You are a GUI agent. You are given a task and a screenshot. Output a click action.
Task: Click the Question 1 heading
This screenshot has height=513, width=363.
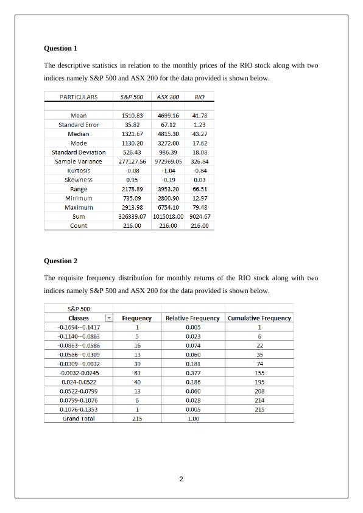[x=61, y=48]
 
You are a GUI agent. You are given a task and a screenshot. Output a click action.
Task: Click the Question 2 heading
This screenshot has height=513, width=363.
[x=61, y=261]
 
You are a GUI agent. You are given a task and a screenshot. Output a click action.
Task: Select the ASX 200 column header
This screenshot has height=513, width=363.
[x=168, y=97]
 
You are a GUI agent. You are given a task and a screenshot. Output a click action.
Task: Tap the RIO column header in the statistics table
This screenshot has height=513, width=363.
[x=199, y=97]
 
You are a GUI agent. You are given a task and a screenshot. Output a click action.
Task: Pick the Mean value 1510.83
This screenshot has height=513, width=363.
[x=132, y=115]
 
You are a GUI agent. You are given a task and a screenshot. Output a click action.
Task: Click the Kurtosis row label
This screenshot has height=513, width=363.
[x=79, y=171]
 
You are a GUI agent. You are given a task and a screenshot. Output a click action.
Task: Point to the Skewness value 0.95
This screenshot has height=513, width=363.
[x=132, y=180]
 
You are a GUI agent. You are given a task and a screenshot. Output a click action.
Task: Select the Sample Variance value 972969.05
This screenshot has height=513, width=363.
[x=168, y=161]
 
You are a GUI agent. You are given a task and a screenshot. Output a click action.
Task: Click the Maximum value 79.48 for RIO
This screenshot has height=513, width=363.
[x=199, y=207]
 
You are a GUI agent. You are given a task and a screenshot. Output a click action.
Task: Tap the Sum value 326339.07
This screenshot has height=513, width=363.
[x=132, y=216]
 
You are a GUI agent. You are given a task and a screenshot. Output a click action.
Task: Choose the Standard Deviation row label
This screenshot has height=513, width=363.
[x=79, y=152]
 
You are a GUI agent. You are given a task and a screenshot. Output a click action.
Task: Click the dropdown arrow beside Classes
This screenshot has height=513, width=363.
[x=109, y=318]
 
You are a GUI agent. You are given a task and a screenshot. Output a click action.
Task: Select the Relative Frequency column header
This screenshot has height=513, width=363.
[x=192, y=318]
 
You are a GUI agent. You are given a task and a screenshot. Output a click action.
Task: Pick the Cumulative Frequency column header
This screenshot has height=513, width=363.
[x=259, y=318]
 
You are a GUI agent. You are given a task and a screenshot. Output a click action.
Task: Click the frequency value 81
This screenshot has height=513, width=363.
[x=137, y=373]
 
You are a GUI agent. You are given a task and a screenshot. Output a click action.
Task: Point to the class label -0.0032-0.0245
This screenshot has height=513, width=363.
[x=79, y=373]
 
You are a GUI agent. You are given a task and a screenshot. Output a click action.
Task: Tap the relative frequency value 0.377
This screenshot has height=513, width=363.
[x=192, y=373]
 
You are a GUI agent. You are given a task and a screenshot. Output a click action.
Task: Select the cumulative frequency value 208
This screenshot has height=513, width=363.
[x=259, y=391]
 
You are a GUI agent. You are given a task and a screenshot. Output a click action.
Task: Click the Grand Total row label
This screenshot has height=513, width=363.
[x=79, y=419]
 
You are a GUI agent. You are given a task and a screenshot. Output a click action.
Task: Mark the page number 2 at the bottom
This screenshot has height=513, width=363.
[x=181, y=479]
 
